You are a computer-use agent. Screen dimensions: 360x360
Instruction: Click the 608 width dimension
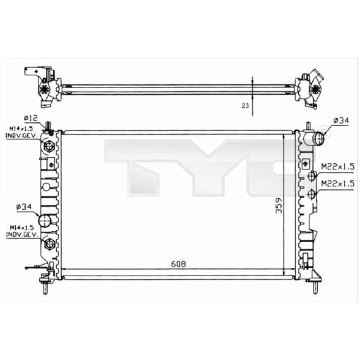[x=178, y=264]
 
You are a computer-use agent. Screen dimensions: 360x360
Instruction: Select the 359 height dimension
[x=279, y=205]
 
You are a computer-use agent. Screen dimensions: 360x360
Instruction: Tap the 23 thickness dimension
[x=245, y=106]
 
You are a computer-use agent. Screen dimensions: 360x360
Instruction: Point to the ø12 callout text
[x=30, y=118]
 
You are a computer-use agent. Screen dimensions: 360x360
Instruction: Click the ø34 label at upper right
[x=341, y=120]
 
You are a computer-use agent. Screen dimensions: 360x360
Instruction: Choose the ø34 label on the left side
[x=24, y=207]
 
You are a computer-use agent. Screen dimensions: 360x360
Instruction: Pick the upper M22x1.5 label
[x=337, y=166]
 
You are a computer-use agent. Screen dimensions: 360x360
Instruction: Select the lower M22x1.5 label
[x=337, y=184]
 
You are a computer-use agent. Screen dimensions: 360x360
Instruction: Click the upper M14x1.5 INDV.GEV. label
[x=21, y=132]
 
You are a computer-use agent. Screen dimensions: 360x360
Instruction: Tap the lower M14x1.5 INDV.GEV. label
[x=22, y=231]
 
